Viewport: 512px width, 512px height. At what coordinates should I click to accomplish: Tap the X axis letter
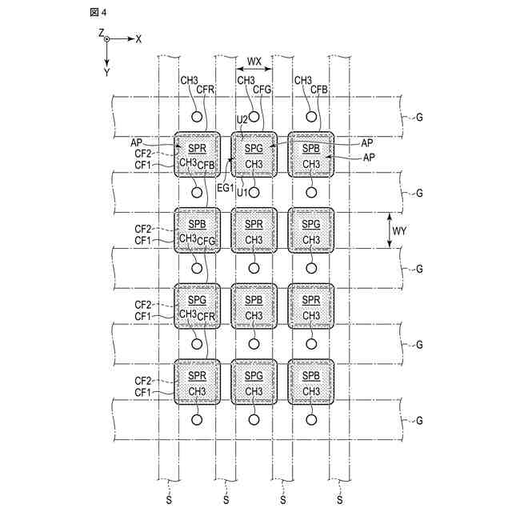[x=138, y=38]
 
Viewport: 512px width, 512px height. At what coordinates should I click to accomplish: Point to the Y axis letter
[x=106, y=72]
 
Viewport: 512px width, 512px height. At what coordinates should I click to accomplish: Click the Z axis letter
[x=102, y=32]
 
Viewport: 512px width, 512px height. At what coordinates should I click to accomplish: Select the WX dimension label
[x=254, y=61]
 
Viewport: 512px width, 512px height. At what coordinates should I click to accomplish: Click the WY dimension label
[x=399, y=231]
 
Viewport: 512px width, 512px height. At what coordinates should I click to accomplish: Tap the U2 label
[x=242, y=120]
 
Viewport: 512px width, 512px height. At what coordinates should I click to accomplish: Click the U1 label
[x=242, y=192]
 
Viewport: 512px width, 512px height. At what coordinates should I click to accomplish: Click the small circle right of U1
[x=254, y=192]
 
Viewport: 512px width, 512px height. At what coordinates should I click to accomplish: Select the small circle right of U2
[x=254, y=117]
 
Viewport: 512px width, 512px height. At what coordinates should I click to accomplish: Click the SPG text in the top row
[x=254, y=148]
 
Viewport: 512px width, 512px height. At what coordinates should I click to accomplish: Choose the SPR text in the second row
[x=254, y=224]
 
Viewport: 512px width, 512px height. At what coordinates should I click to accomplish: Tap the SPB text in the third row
[x=254, y=299]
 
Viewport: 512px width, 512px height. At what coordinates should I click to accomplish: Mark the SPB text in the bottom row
[x=310, y=375]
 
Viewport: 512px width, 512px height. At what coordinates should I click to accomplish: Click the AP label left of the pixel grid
[x=137, y=142]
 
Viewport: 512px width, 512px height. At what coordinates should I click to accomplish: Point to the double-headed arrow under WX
[x=254, y=70]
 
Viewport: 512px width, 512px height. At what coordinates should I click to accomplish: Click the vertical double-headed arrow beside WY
[x=389, y=231]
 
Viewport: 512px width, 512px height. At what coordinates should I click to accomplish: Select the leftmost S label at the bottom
[x=168, y=500]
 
